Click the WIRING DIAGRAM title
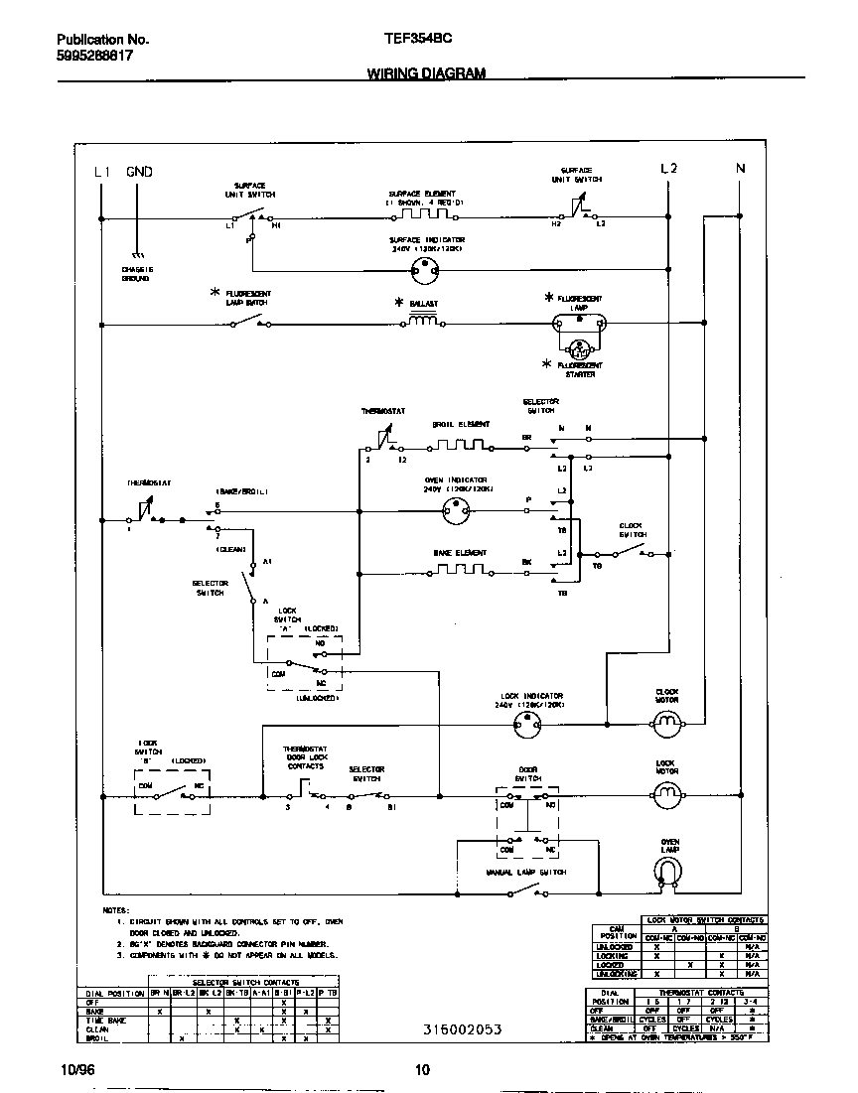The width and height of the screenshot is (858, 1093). [x=426, y=73]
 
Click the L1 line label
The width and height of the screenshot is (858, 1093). [x=102, y=172]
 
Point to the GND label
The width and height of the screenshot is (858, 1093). [x=139, y=172]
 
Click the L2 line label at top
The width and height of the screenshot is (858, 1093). [x=669, y=170]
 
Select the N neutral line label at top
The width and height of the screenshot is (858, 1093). [x=740, y=170]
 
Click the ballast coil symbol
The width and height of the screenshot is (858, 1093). [x=424, y=322]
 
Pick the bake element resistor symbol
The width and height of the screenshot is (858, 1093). [x=458, y=571]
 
